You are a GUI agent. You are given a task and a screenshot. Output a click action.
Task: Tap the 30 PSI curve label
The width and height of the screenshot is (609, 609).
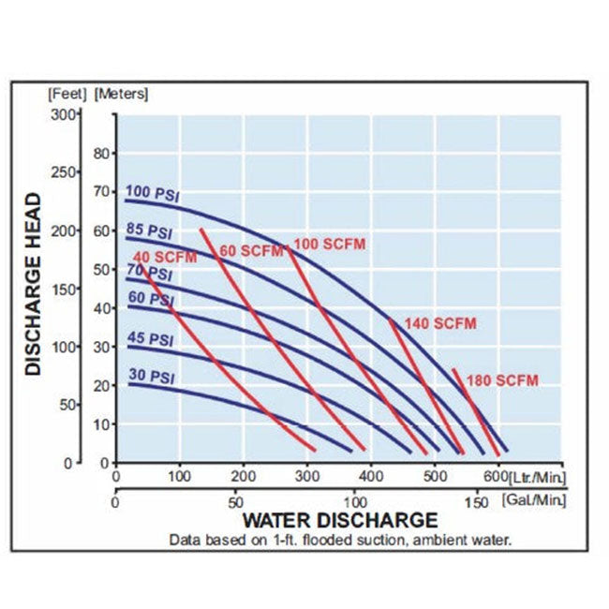(149, 377)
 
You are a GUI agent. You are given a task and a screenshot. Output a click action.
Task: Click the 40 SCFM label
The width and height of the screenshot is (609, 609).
(165, 257)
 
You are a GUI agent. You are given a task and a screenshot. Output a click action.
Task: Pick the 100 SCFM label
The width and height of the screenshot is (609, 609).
(329, 245)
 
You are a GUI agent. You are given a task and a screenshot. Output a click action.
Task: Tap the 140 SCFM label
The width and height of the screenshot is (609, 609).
(440, 324)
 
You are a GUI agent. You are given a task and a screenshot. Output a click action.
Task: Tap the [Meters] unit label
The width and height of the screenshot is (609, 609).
(122, 94)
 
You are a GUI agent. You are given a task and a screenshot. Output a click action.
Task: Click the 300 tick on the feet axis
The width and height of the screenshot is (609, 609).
(63, 114)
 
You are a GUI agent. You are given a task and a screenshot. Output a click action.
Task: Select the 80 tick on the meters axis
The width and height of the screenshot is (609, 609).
(103, 153)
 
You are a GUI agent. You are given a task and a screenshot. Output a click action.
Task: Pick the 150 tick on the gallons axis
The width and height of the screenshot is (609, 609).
(476, 503)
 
